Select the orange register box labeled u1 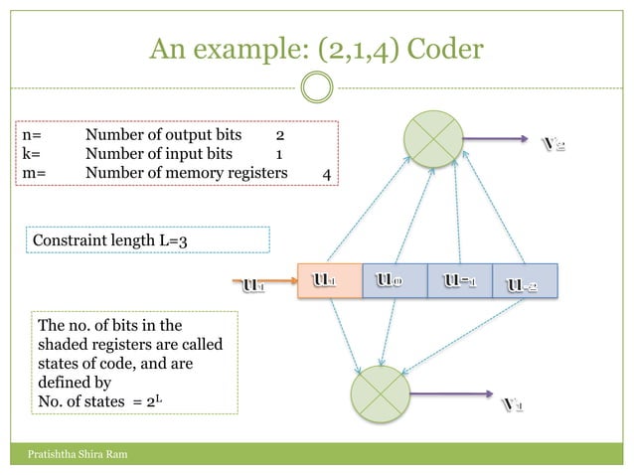329,281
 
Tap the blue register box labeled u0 394,281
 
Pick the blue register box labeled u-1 459,281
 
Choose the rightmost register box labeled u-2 525,281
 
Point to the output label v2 555,145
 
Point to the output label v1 513,404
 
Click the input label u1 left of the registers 254,288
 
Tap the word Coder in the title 443,49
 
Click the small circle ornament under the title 317,87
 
